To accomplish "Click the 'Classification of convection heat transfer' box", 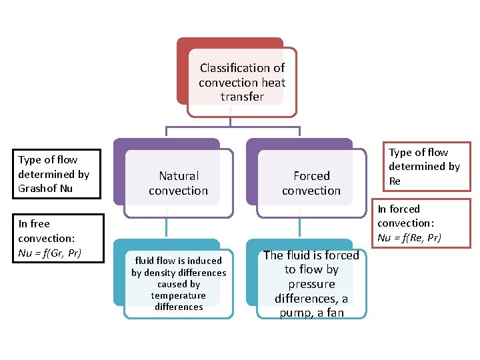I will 242,83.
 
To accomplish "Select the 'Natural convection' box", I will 178,183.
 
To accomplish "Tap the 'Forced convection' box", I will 311,183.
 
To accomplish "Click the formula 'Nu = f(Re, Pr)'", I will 409,238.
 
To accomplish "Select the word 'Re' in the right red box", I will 395,181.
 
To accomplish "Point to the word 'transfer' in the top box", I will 242,97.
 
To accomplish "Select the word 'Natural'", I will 179,176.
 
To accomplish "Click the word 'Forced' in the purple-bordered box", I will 311,176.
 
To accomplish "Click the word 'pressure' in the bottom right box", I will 311,284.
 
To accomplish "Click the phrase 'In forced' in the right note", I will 399,209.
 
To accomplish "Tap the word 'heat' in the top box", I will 274,83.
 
